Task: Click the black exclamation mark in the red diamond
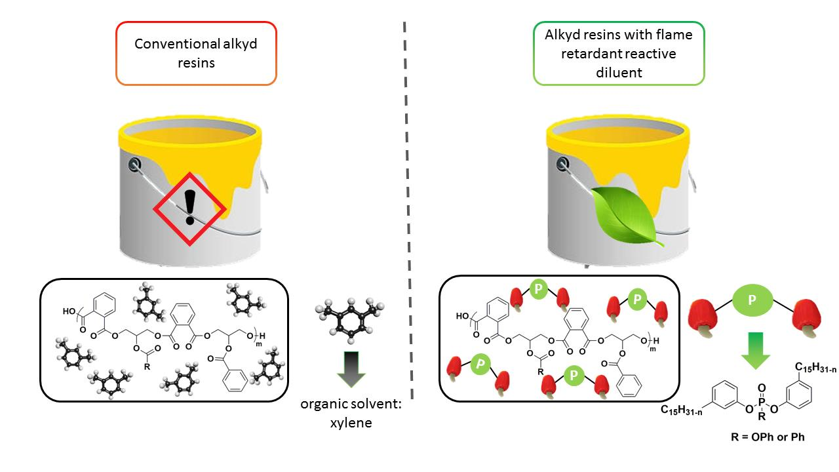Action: [190, 207]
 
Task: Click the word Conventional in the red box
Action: [177, 44]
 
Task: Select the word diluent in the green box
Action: [619, 72]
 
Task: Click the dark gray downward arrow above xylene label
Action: [351, 369]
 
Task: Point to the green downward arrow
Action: [756, 350]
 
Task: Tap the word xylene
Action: [351, 423]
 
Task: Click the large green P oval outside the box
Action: [752, 300]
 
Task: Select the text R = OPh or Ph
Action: [768, 437]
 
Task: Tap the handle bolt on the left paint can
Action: [134, 164]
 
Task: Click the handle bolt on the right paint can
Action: [562, 164]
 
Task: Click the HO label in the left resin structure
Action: [69, 311]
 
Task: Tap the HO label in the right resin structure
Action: [462, 316]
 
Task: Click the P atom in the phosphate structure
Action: [762, 403]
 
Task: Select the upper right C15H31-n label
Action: [815, 368]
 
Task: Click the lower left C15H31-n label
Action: [681, 410]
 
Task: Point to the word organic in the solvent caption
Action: [323, 404]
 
